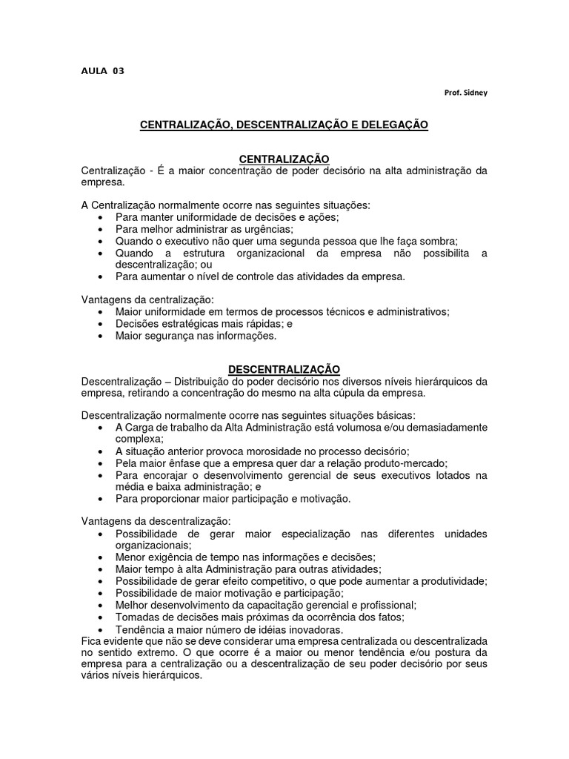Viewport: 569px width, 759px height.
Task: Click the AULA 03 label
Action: (x=103, y=71)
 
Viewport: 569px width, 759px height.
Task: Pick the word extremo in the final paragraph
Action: (x=139, y=652)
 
